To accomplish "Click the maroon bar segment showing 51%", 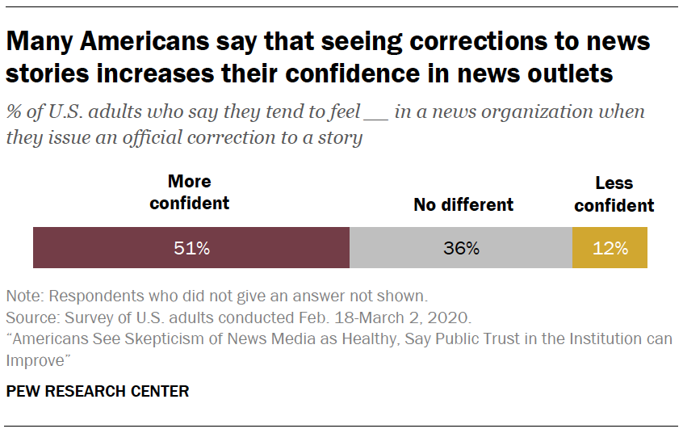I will point(191,248).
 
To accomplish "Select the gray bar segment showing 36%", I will point(461,248).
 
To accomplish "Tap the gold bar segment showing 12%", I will point(610,248).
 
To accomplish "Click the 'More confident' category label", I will point(190,192).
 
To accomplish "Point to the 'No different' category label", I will point(463,204).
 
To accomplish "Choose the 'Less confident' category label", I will point(614,195).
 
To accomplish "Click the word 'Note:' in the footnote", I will point(23,295).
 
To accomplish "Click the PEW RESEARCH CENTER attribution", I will point(98,392).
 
